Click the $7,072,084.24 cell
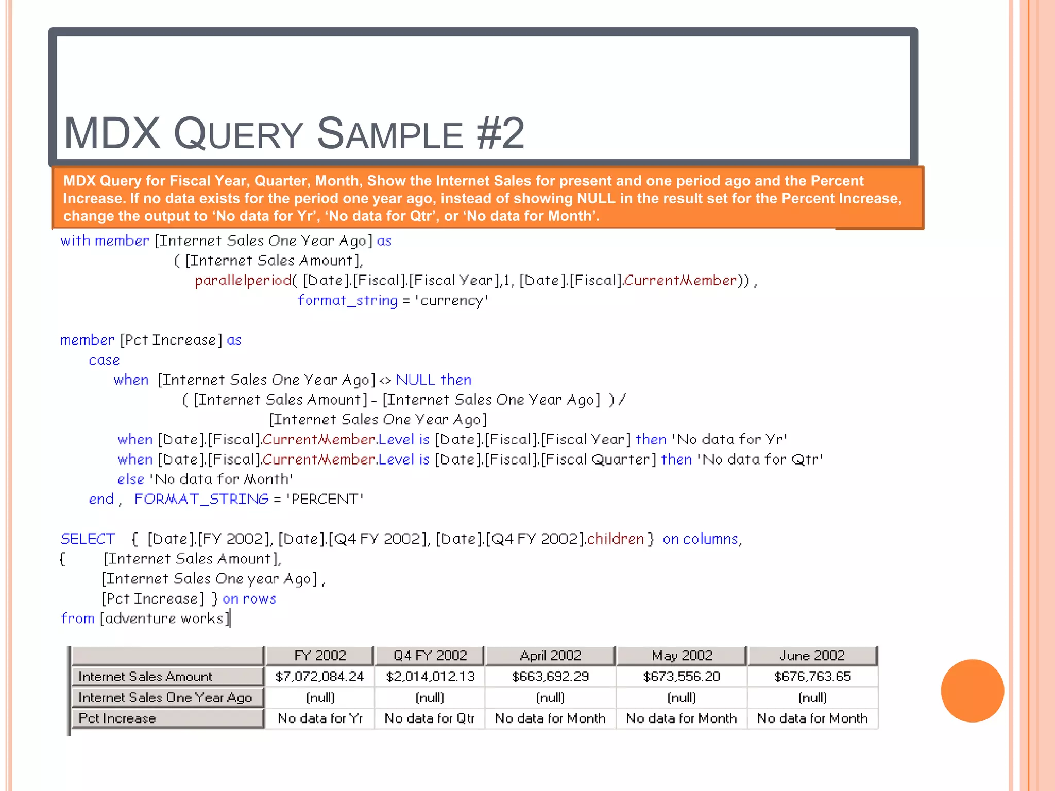point(319,676)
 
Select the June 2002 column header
point(812,656)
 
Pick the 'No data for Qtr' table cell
point(429,718)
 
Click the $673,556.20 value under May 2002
point(681,676)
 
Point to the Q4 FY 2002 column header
point(430,656)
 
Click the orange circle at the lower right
point(972,691)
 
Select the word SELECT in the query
point(88,539)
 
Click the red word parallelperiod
point(243,281)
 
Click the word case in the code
point(104,360)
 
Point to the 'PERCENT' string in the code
point(325,499)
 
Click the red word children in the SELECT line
point(616,539)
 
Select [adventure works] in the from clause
point(165,618)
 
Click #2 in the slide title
point(500,134)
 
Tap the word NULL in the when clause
point(415,380)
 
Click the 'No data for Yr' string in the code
point(729,440)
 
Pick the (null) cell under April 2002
point(550,697)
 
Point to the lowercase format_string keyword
point(348,301)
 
